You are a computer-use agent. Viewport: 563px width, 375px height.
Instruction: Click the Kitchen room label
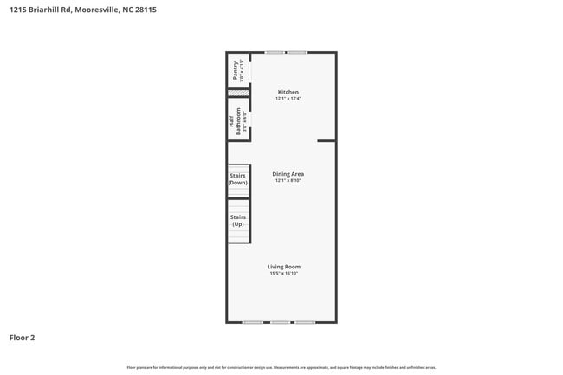pyautogui.click(x=288, y=92)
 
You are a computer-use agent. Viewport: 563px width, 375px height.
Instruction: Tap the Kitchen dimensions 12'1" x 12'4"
pyautogui.click(x=288, y=99)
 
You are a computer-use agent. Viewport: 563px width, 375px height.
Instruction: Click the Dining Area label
pyautogui.click(x=288, y=174)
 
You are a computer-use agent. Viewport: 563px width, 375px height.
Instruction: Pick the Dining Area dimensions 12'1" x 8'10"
pyautogui.click(x=288, y=181)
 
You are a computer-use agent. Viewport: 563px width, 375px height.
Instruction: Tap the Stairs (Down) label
pyautogui.click(x=237, y=179)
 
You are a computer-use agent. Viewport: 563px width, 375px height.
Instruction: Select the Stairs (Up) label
pyautogui.click(x=237, y=220)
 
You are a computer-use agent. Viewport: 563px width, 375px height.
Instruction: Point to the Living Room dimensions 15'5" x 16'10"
pyautogui.click(x=284, y=274)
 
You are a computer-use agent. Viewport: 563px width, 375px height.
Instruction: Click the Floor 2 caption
pyautogui.click(x=22, y=338)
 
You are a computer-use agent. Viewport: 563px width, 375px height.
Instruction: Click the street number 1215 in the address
pyautogui.click(x=16, y=10)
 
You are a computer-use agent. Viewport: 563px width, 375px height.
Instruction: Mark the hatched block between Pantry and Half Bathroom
pyautogui.click(x=238, y=93)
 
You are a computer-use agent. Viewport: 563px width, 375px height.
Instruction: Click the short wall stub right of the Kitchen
pyautogui.click(x=326, y=140)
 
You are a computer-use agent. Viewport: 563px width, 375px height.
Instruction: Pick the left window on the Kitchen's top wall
pyautogui.click(x=275, y=52)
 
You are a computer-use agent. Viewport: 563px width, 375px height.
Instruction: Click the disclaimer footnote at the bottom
pyautogui.click(x=281, y=367)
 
